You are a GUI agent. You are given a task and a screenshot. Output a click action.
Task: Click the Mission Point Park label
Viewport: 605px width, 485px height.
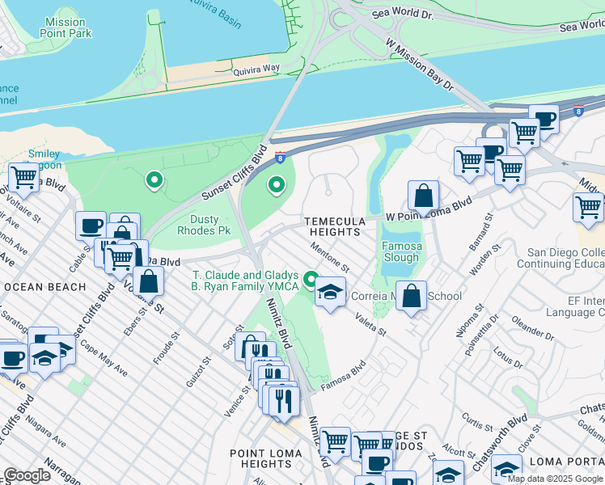(66, 28)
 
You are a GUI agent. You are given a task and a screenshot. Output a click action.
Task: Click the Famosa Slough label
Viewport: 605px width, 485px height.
(400, 251)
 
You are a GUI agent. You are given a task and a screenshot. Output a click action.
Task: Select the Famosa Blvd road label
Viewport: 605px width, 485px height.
(343, 371)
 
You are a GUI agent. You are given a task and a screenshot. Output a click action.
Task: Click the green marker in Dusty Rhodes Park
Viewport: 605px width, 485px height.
(154, 180)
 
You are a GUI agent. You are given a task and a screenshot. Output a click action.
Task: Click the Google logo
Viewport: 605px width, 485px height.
(27, 475)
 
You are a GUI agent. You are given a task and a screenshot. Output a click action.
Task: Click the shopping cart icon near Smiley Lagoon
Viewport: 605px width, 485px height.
(23, 177)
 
